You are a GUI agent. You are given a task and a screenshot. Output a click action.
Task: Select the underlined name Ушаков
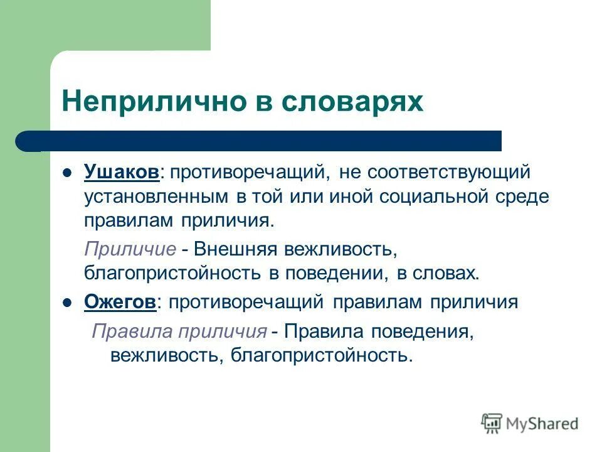click(x=122, y=171)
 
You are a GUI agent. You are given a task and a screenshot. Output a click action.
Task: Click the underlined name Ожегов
click(x=120, y=302)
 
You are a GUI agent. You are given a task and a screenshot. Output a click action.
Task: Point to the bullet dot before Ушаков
click(x=68, y=172)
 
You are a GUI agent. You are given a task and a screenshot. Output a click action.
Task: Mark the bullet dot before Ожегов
click(x=68, y=303)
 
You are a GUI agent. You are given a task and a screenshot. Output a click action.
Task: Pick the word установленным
click(x=156, y=196)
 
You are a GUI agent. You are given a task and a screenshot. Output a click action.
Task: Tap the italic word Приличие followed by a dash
click(x=130, y=249)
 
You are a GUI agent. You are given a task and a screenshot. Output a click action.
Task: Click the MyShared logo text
click(x=542, y=424)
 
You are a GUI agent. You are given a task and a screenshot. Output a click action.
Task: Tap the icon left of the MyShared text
click(x=492, y=423)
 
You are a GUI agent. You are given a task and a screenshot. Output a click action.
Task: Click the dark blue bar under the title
click(x=263, y=141)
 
